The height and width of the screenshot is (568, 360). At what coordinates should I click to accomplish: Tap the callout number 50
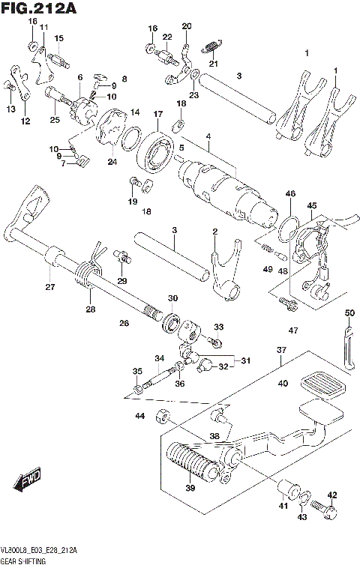[x=349, y=312]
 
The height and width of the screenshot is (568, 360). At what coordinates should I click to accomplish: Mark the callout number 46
[x=290, y=194]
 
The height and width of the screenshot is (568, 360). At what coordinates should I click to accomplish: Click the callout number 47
[x=292, y=330]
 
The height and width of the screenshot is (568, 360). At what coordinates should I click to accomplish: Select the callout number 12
[x=25, y=121]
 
